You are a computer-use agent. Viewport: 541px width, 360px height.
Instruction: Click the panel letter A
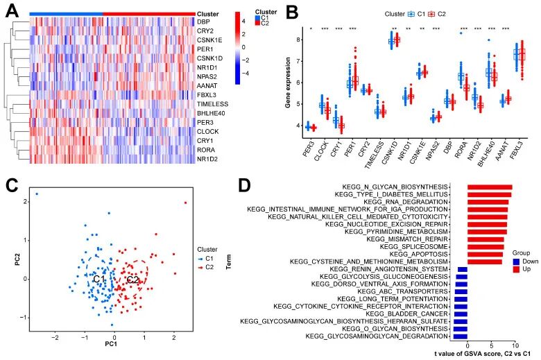(12, 10)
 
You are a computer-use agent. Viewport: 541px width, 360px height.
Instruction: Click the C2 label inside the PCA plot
(134, 280)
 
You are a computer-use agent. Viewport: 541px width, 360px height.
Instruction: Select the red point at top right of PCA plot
(185, 203)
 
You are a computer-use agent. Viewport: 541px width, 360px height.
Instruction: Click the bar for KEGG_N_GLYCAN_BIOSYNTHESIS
(490, 187)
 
